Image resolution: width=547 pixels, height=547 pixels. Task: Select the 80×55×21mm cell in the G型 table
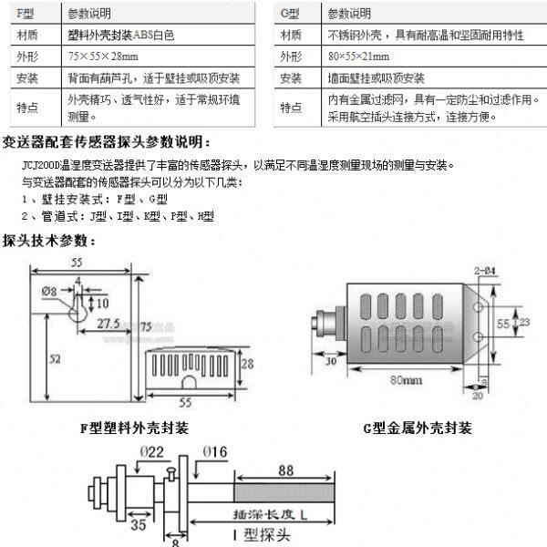(366, 57)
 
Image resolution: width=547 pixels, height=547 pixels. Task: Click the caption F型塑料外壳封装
(135, 428)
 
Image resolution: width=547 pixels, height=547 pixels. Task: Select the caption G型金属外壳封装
(418, 428)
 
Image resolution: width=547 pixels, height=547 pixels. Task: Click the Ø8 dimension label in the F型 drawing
(49, 291)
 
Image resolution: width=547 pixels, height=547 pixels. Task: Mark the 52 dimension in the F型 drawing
(54, 359)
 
